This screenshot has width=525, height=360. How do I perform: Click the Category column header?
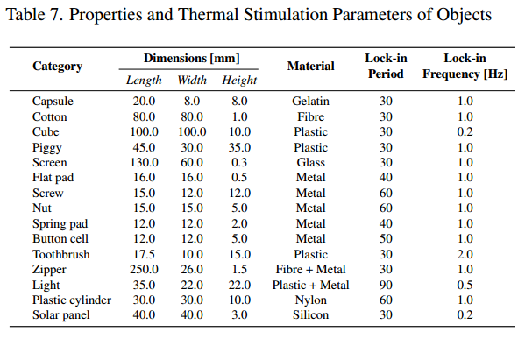pos(57,67)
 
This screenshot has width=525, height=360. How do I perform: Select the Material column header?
pos(310,67)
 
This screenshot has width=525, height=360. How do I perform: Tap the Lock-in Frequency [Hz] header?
pos(465,67)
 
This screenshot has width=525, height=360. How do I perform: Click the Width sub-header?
pos(192,81)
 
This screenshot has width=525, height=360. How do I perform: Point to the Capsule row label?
pos(53,102)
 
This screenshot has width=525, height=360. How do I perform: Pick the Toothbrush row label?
pos(62,254)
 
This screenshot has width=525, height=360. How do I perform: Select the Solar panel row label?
pos(63,315)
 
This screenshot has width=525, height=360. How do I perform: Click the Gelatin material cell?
pos(310,102)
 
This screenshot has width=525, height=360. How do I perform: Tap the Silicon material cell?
pos(310,315)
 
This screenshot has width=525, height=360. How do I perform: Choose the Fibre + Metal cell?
pos(310,270)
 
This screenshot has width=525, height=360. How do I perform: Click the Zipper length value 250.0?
pos(144,270)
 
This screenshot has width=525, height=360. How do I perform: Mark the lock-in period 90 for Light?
pos(386,285)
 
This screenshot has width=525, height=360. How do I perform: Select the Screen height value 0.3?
pos(239,163)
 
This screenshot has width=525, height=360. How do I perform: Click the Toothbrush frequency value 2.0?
pos(465,254)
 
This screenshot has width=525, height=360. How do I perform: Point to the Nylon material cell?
pos(310,300)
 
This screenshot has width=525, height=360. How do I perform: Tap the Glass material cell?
pos(310,163)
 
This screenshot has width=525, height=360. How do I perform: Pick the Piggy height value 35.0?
pos(239,147)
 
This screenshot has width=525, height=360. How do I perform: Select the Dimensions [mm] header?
pos(191,59)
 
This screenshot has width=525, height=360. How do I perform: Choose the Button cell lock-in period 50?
pos(386,239)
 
